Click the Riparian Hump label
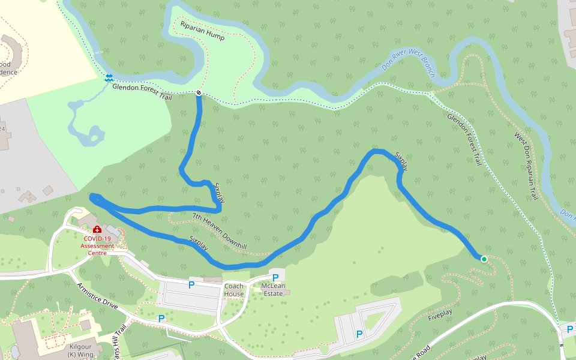[x=202, y=31]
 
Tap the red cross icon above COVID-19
[x=97, y=230]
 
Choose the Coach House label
[x=234, y=290]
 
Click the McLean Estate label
[x=274, y=290]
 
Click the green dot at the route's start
[x=484, y=259]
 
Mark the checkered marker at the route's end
[x=199, y=92]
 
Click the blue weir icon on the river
[x=109, y=77]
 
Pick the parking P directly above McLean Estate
[x=275, y=278]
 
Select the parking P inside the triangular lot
[x=359, y=334]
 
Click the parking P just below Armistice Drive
[x=161, y=319]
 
